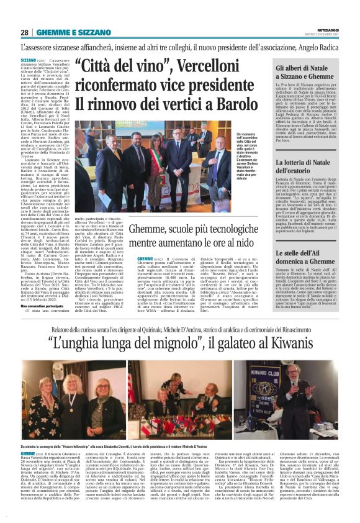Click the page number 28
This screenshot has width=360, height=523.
coord(24,32)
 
